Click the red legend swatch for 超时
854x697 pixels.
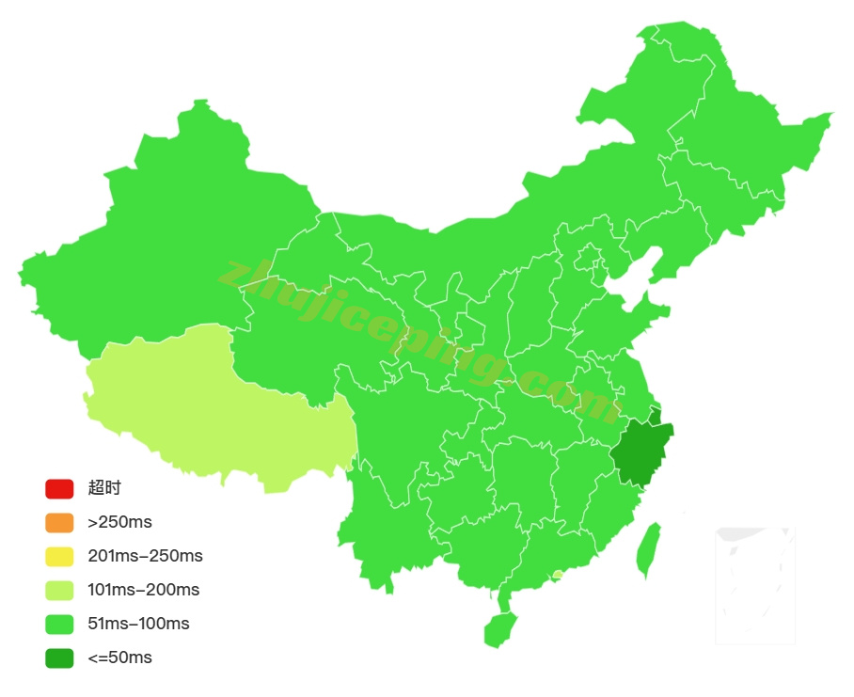(58, 489)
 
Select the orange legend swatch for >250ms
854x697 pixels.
(58, 523)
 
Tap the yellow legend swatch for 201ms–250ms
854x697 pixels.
(58, 557)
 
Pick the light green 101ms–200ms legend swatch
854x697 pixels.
(58, 591)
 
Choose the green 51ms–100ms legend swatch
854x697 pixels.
(58, 625)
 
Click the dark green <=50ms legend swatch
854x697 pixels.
(58, 658)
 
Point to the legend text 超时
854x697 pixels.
(104, 489)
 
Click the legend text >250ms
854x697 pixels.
(119, 523)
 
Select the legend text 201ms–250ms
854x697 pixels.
(145, 557)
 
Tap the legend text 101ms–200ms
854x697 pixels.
(143, 591)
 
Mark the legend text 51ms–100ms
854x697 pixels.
(138, 625)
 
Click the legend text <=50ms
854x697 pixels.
(119, 658)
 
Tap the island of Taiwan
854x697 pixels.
(647, 550)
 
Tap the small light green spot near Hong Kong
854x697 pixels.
(558, 575)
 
